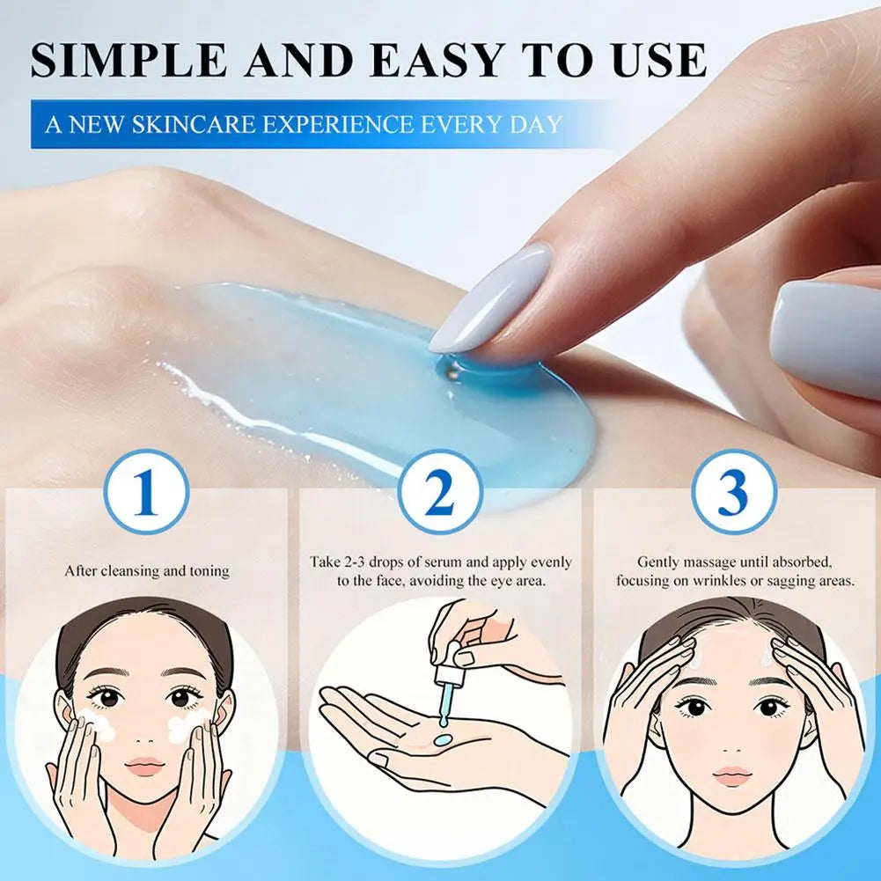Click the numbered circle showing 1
tap(145, 493)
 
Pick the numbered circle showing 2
tap(440, 493)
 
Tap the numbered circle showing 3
tap(733, 493)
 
